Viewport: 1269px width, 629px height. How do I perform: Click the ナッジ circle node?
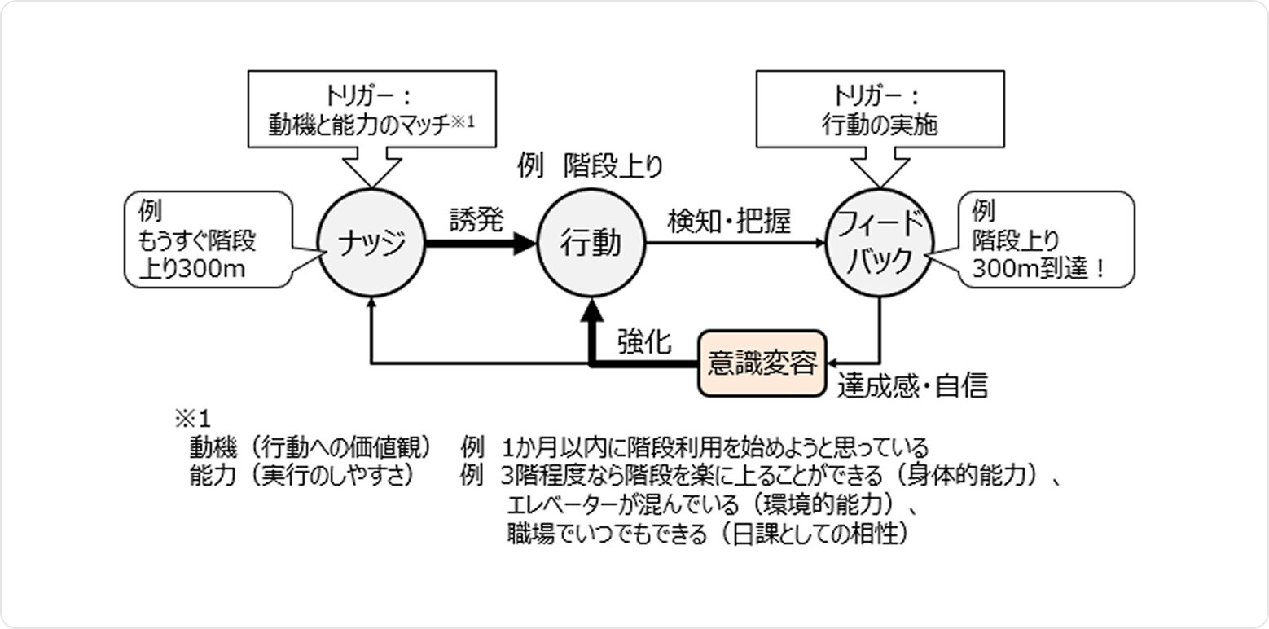tap(371, 242)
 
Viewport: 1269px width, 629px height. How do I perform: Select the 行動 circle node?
tap(591, 242)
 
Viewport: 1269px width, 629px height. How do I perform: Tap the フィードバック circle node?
tap(877, 242)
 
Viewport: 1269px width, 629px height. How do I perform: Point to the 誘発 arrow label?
tap(477, 218)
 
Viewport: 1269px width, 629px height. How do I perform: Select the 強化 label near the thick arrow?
tap(643, 342)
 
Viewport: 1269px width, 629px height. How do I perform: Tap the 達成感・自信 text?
tap(912, 385)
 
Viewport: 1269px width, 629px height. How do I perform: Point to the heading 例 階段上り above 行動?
tap(591, 168)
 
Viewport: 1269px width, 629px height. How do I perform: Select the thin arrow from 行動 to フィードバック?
tap(733, 242)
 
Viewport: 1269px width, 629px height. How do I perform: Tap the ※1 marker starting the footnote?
tap(192, 420)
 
